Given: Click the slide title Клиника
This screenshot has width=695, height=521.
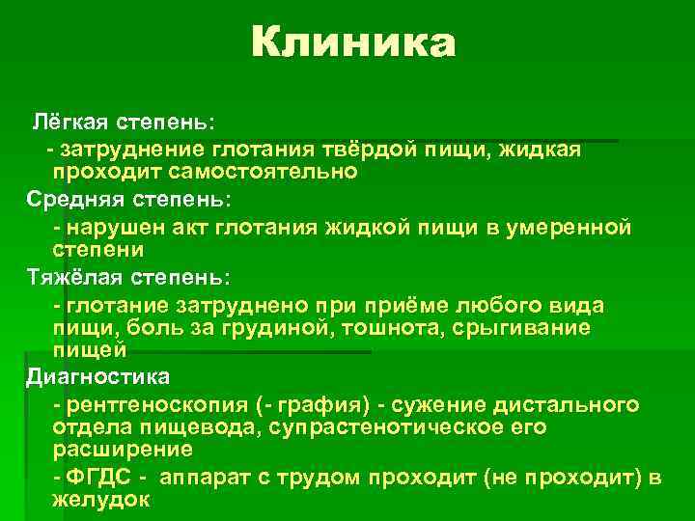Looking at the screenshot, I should tap(353, 43).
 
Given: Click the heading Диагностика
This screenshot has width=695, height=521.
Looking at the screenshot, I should tap(98, 375).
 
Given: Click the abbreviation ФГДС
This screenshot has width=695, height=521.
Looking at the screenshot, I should tap(102, 478).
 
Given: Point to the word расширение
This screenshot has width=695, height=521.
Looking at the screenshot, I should tap(124, 450).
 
